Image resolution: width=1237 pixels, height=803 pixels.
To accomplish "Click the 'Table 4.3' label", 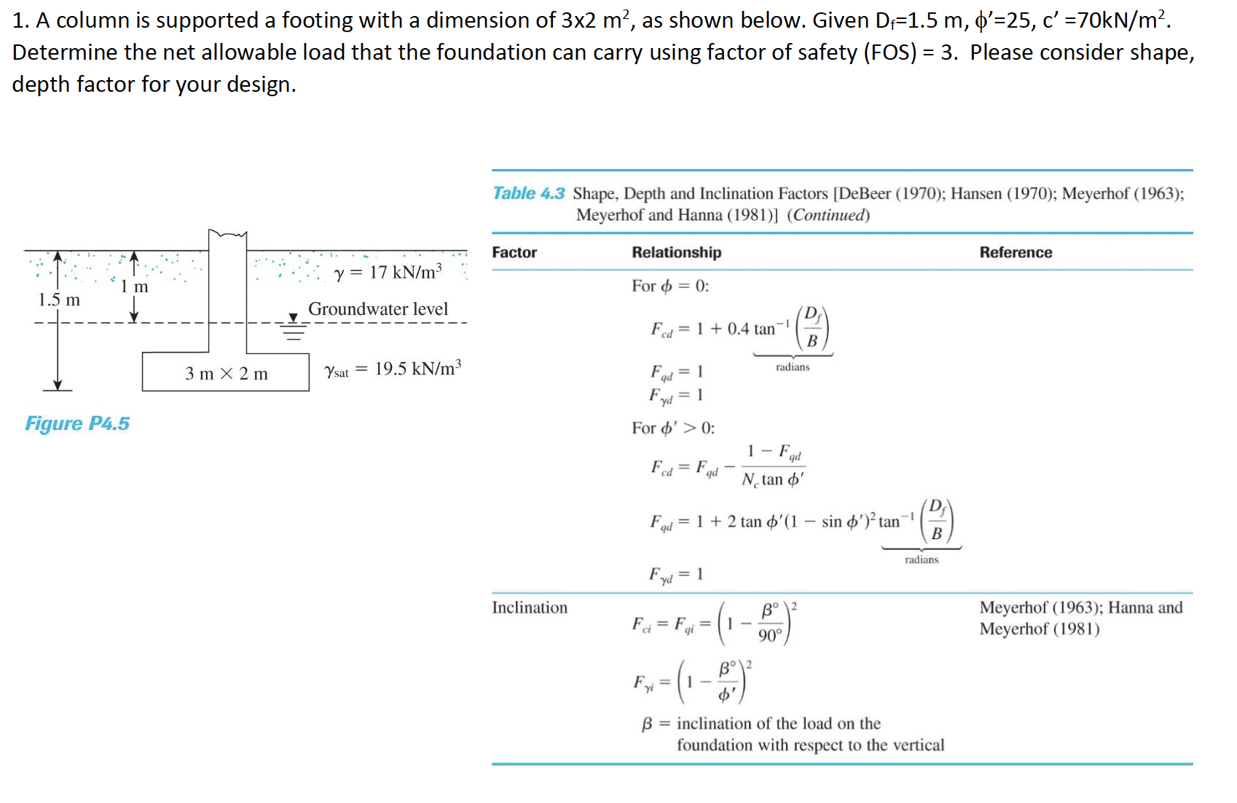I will tap(528, 193).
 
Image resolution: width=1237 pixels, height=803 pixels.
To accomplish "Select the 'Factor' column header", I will tap(514, 252).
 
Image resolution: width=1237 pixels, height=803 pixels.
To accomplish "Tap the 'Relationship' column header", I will tap(676, 252).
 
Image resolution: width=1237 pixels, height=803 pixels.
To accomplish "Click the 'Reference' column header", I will tap(1015, 252).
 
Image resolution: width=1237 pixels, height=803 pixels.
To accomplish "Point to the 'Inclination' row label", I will tap(529, 608).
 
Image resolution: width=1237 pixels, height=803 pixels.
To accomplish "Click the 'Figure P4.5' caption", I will tap(77, 423).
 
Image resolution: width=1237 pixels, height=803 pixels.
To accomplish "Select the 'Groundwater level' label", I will tap(377, 309).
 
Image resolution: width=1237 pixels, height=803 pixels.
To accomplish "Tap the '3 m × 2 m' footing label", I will tap(226, 374).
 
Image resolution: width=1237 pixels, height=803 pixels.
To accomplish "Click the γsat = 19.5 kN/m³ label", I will tap(393, 369).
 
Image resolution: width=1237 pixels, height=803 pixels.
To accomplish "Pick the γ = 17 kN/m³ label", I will tap(388, 273).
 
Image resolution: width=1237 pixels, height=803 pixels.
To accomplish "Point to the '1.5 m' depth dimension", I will tap(59, 299).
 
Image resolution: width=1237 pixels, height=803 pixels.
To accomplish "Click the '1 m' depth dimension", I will tap(134, 286).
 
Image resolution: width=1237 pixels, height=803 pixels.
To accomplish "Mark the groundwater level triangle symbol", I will tap(294, 318).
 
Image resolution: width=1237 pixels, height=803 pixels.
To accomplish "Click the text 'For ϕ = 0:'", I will tap(669, 286).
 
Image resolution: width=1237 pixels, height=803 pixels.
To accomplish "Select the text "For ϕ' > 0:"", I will tap(672, 428).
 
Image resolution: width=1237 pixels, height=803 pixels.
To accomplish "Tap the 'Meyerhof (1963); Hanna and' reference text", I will tap(1080, 608).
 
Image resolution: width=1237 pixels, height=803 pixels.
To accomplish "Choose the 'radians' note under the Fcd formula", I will tap(792, 367).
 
